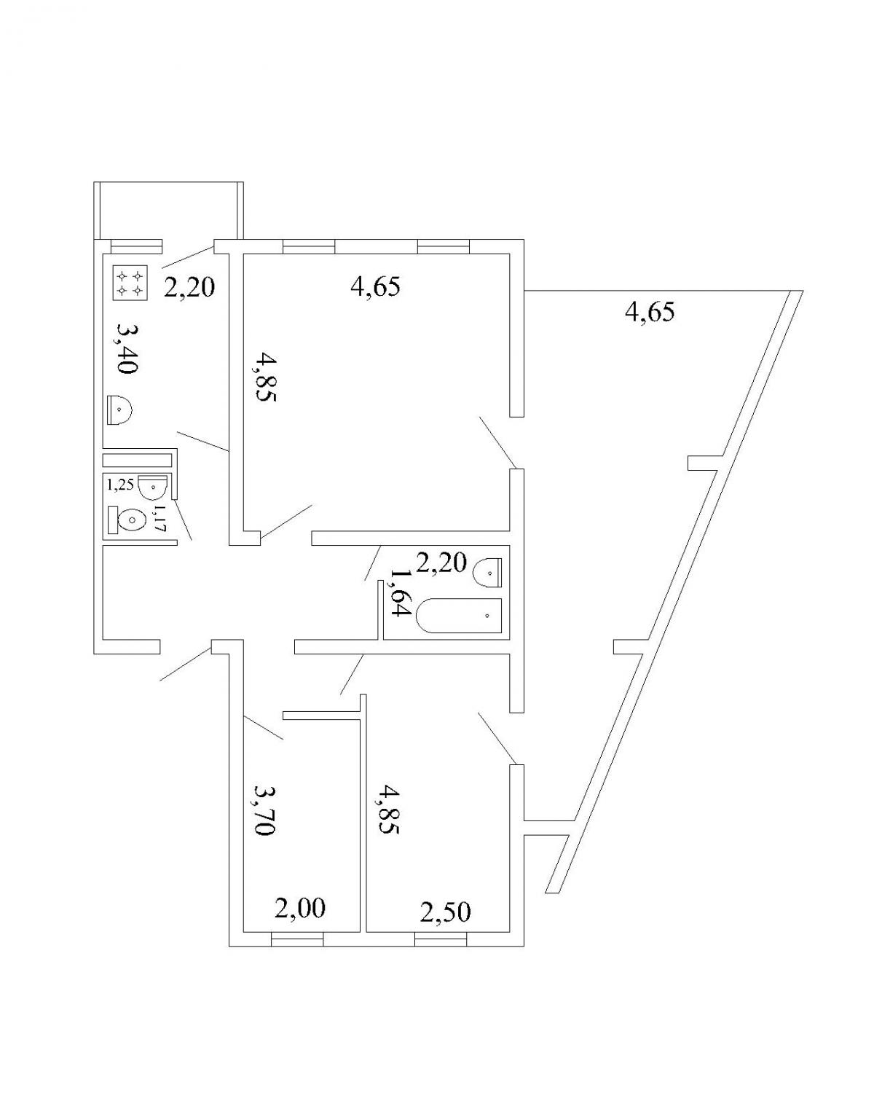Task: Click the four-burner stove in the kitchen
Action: (130, 283)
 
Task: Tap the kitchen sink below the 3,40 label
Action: (120, 410)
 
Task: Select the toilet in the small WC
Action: (127, 520)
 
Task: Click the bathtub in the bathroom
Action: (459, 616)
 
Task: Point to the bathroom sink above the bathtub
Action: (487, 573)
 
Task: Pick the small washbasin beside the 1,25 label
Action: (151, 487)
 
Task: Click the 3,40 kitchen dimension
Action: (127, 349)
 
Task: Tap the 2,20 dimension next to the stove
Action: (189, 288)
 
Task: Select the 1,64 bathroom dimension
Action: (398, 592)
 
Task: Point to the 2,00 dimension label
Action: (300, 908)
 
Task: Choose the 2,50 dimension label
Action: (446, 912)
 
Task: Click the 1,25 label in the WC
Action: (120, 484)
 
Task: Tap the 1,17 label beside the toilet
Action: (160, 518)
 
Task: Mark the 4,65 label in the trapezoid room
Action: (650, 312)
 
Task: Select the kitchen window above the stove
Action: (136, 246)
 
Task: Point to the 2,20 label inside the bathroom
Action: (441, 563)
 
